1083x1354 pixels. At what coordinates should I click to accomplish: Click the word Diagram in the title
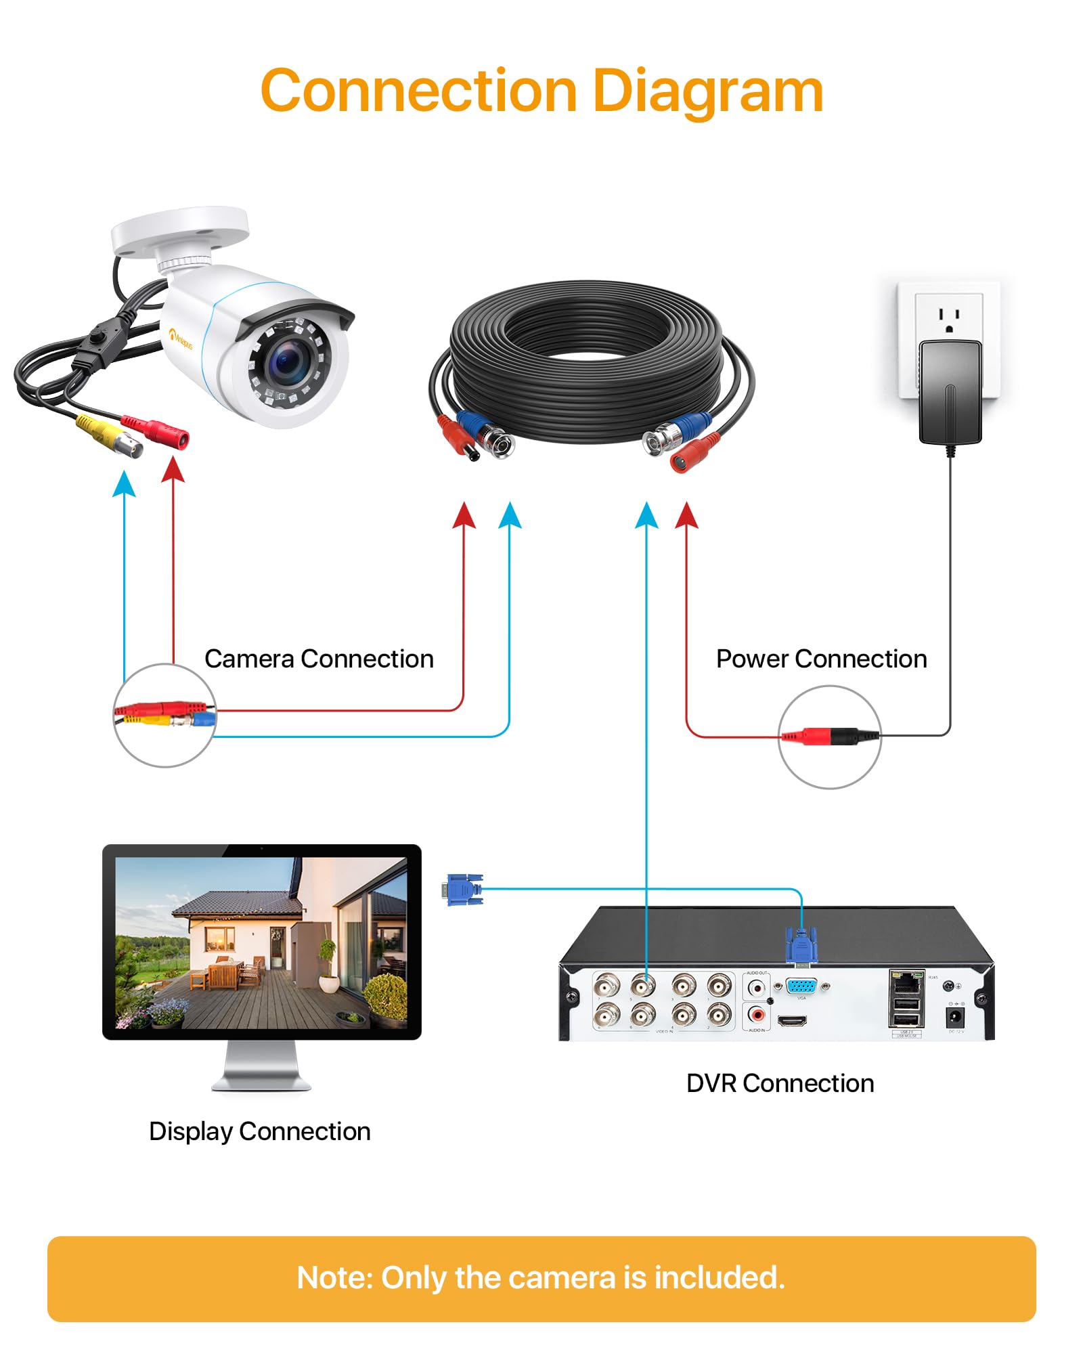coord(707,91)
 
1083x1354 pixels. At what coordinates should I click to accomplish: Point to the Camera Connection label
coord(319,659)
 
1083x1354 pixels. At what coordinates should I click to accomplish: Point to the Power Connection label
coord(821,659)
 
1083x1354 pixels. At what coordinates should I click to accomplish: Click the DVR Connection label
coord(780,1083)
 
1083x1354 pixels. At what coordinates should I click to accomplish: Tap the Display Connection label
coord(259,1131)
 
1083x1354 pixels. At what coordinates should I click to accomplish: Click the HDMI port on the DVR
coord(792,1020)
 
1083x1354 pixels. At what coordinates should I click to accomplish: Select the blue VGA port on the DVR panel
coord(801,986)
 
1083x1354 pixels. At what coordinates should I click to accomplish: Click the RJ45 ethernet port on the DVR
coord(906,981)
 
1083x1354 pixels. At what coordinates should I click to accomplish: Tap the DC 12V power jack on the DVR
coord(954,1016)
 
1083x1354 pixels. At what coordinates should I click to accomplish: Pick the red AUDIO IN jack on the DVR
coord(757,1015)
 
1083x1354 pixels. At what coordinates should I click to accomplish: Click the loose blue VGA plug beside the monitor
coord(465,890)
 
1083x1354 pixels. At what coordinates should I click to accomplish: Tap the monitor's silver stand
coord(261,1066)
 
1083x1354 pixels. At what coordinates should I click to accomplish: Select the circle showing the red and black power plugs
coord(829,737)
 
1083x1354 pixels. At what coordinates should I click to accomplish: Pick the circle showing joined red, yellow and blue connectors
coord(164,716)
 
